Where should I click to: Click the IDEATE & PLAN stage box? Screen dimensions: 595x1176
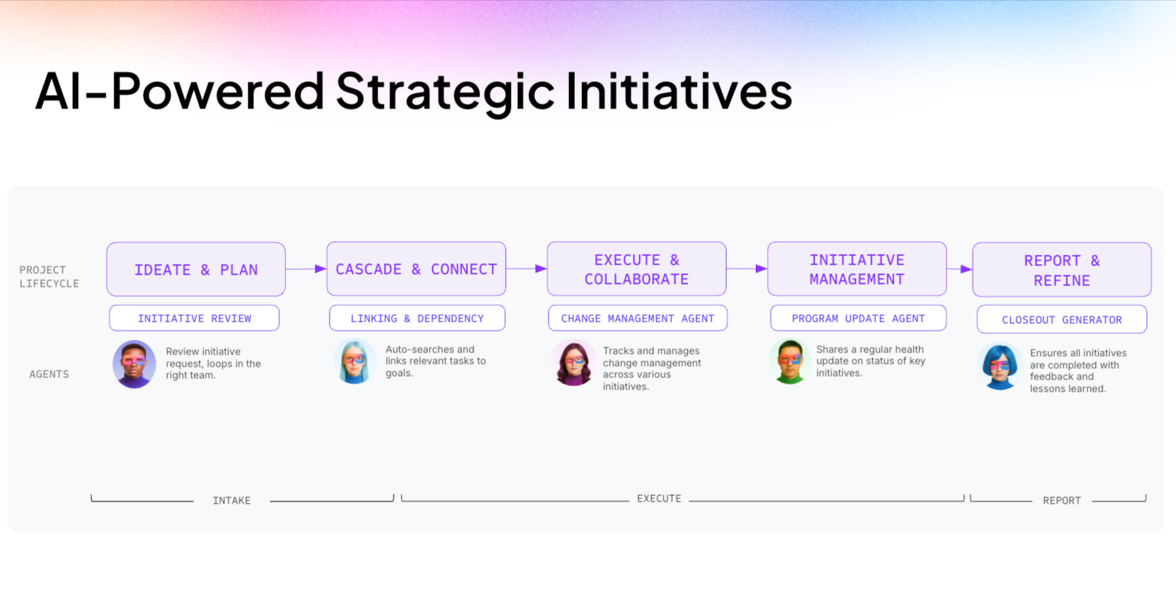point(196,270)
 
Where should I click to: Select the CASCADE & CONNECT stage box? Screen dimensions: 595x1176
point(416,269)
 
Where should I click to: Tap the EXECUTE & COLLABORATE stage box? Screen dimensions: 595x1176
point(637,269)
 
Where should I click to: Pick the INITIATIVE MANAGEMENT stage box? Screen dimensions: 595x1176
point(857,269)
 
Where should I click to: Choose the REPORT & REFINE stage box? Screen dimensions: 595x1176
point(1061,270)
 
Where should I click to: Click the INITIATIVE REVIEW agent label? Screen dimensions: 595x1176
point(194,318)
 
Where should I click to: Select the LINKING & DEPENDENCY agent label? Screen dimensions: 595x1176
point(417,318)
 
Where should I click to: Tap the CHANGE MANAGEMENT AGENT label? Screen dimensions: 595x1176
point(638,318)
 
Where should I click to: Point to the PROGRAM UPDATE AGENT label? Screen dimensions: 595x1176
point(858,318)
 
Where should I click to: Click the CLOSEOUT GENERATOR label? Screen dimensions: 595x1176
point(1062,320)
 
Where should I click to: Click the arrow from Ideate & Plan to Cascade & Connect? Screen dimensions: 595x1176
point(306,269)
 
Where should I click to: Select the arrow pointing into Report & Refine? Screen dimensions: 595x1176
point(959,269)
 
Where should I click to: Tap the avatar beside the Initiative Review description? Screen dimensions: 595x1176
point(134,364)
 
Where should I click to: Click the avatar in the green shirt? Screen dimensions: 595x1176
point(789,362)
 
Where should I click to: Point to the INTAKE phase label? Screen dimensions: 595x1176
point(232,501)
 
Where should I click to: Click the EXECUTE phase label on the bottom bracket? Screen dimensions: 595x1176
point(659,499)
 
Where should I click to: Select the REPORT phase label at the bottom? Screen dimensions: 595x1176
point(1061,501)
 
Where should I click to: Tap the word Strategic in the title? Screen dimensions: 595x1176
point(445,91)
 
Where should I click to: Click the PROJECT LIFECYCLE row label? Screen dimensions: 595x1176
point(49,277)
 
